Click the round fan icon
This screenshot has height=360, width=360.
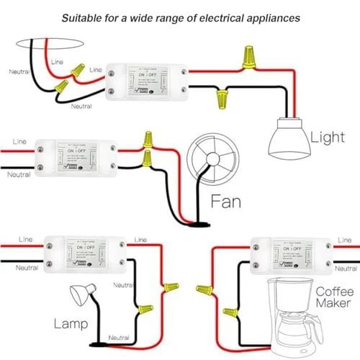[209, 161]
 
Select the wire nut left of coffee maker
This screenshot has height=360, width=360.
[230, 312]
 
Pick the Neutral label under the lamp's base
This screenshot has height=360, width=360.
[119, 338]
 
